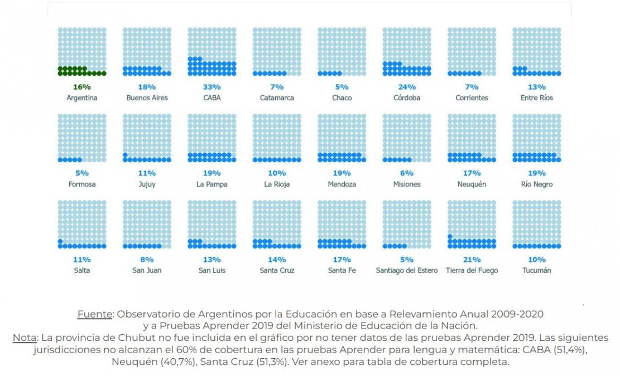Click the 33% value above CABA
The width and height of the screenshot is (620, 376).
point(212,87)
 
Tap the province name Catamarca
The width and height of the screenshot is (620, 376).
point(277,98)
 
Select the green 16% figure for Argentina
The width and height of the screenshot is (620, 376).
point(82,87)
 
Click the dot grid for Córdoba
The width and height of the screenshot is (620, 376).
point(407,52)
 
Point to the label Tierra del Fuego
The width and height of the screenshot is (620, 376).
point(472,271)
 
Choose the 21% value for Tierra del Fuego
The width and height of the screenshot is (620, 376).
point(472,260)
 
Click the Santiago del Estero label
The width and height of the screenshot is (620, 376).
point(407,271)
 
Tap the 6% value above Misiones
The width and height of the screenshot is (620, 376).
point(407,173)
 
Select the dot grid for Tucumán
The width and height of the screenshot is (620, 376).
point(537,224)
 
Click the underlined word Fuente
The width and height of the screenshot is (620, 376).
point(94,314)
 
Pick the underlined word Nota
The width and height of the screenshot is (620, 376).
point(24,338)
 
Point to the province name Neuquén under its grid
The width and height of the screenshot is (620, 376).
point(472,184)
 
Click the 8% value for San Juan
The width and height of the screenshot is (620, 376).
point(147,260)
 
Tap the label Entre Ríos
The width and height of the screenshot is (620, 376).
point(537,98)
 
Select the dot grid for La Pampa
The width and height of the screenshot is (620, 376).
point(212,138)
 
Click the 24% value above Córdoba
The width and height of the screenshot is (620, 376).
point(407,87)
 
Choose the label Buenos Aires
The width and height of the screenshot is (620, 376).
point(147,98)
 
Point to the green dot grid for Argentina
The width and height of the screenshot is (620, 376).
point(82,52)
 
